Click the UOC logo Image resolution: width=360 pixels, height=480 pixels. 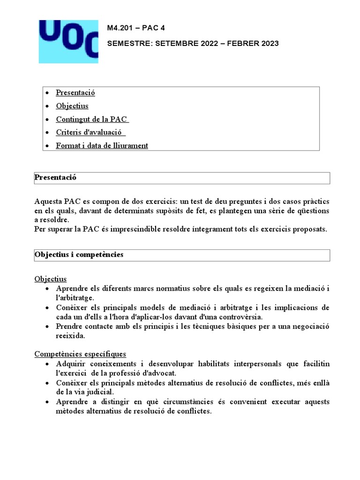[68, 41]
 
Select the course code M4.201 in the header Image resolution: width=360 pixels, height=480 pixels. [120, 28]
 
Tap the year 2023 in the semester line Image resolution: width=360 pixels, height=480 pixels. [269, 44]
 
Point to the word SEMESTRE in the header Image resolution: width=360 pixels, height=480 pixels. [127, 44]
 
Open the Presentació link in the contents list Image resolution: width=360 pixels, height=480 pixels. [75, 93]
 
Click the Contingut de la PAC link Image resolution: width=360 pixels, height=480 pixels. [92, 119]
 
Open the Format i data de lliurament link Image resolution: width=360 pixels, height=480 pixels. [102, 146]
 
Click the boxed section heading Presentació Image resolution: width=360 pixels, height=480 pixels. [55, 178]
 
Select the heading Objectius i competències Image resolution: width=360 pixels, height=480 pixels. [79, 255]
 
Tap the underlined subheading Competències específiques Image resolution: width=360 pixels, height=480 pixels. [80, 353]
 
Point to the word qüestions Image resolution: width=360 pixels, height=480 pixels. [311, 211]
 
